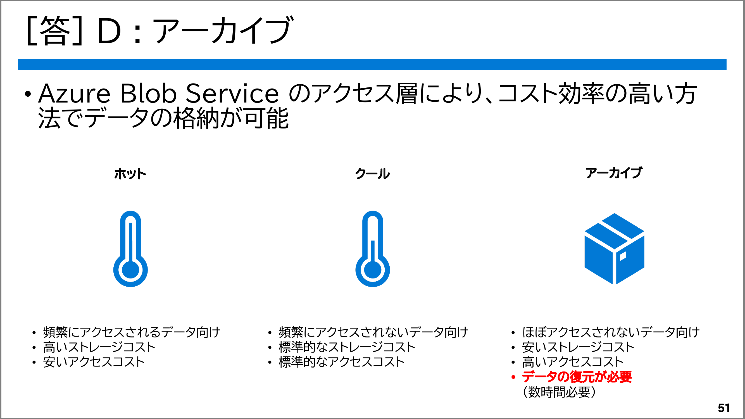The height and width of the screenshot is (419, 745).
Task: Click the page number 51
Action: pos(723,408)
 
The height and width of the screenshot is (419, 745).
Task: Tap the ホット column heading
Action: pos(130,174)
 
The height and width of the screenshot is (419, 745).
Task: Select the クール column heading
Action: pos(373,173)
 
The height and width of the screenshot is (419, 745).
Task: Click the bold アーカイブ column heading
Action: pos(614,173)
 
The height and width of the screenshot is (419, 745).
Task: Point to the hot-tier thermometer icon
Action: pos(130,249)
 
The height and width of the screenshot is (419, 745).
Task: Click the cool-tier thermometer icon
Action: pos(373,249)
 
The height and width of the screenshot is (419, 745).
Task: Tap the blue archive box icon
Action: pos(614,249)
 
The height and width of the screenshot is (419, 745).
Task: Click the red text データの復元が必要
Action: pos(577,377)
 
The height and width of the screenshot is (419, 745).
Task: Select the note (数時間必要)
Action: pos(559,392)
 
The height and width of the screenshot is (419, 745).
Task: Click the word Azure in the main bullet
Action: pos(74,93)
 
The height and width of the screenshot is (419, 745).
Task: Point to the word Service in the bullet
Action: pos(232,93)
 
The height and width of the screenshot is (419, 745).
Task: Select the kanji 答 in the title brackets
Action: pos(55,31)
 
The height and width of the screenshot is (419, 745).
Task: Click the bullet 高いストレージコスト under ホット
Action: pos(99,347)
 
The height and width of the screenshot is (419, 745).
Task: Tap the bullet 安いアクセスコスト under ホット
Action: pos(94,362)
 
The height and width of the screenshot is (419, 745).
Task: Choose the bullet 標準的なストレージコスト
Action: pos(347,347)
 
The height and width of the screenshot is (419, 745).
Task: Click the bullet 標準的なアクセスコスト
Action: pos(342,362)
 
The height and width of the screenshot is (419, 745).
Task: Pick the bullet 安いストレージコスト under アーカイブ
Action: pos(578,347)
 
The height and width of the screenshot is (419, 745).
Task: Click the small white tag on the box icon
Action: pos(623,256)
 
